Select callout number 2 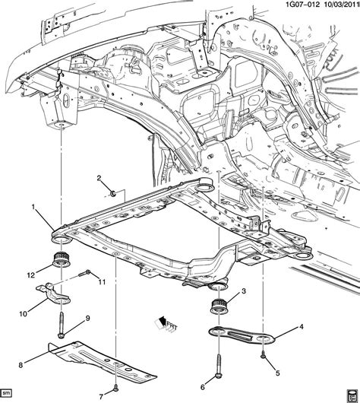pyautogui.click(x=98, y=178)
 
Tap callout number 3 pyautogui.click(x=244, y=291)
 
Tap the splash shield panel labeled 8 pyautogui.click(x=99, y=357)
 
